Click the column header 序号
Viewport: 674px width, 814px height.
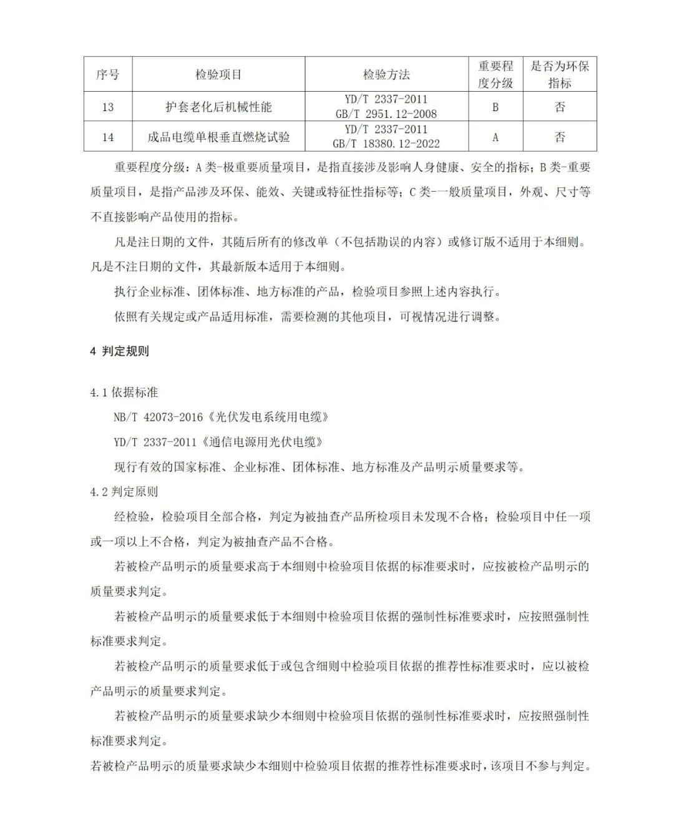107,74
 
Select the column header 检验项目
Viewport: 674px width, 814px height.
218,74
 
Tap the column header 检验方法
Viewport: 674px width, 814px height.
386,74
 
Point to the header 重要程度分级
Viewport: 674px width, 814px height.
496,74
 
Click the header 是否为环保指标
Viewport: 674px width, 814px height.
560,74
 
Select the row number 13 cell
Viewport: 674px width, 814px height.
107,107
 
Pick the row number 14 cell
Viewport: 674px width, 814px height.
107,137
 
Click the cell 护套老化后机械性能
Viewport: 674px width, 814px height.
218,107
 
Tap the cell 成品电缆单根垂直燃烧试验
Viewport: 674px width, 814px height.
218,137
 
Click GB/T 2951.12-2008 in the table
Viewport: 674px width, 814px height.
386,114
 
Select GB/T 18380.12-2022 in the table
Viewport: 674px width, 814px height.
386,144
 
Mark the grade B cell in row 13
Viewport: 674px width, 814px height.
496,107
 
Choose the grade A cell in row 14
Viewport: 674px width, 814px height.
496,137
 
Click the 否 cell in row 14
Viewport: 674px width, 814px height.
560,137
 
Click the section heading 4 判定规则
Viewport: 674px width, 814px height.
120,351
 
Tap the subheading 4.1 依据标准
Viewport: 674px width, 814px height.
124,393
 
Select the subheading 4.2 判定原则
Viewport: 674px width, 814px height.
124,492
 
